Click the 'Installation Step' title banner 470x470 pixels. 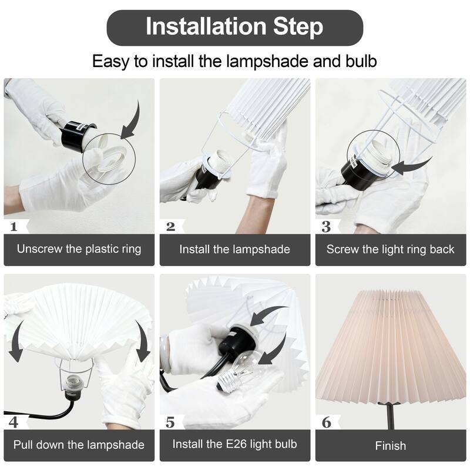tap(234, 27)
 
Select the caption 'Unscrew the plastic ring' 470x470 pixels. tap(79, 249)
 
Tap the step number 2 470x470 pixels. tap(170, 226)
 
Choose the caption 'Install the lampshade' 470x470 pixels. tap(234, 249)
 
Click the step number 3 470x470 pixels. tap(326, 226)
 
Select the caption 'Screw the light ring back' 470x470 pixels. tap(390, 249)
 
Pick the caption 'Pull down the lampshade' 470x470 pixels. tap(79, 445)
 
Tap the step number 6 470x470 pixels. tap(326, 422)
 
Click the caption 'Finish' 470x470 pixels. tap(390, 446)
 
